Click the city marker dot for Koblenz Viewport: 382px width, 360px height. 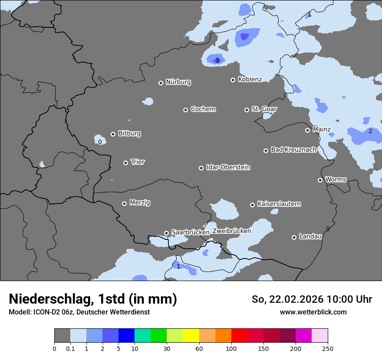click(233, 80)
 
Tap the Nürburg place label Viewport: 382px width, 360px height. click(178, 82)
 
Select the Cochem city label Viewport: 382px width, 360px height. click(203, 109)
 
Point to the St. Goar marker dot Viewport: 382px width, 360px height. click(247, 110)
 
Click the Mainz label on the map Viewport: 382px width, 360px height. click(322, 129)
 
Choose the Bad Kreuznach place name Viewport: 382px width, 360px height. click(293, 150)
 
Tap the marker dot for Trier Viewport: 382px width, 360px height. click(126, 163)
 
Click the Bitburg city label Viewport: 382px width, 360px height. click(129, 134)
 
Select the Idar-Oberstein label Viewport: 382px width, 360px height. click(228, 167)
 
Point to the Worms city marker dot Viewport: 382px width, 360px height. click(320, 180)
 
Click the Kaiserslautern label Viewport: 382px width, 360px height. click(279, 204)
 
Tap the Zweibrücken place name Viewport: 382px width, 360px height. click(231, 231)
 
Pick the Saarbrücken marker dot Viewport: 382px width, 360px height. click(166, 233)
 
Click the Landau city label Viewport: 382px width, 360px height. click(310, 236)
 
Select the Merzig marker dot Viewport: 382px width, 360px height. click(124, 203)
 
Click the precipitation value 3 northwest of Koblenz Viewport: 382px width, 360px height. click(217, 61)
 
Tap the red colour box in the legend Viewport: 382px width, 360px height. click(239, 336)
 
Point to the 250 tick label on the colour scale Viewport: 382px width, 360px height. click(328, 348)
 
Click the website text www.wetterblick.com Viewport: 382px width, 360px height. click(313, 312)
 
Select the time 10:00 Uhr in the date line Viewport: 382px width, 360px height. click(349, 299)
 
